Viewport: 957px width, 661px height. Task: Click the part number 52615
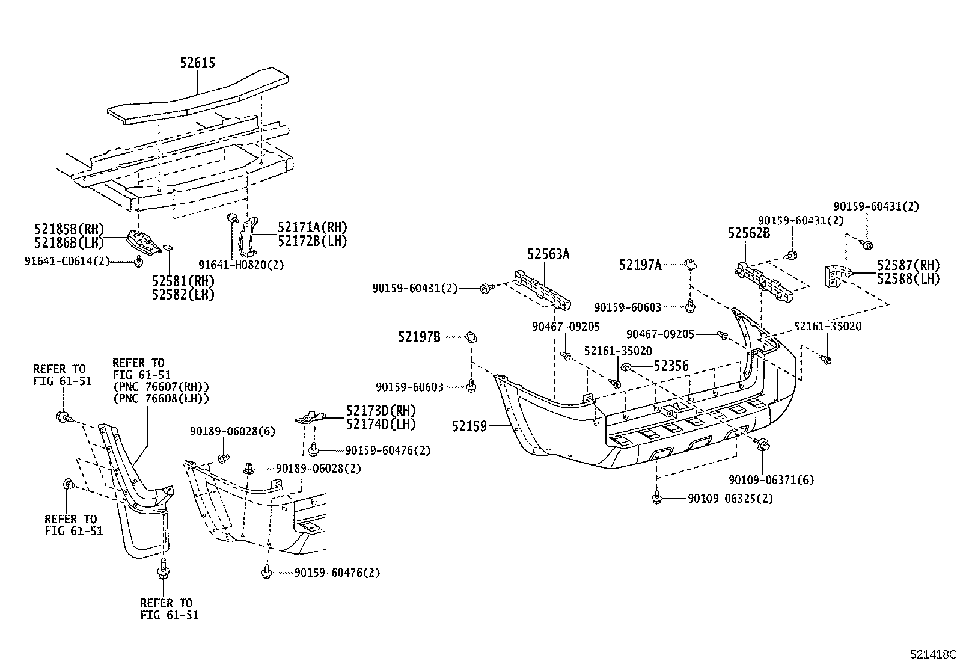point(197,63)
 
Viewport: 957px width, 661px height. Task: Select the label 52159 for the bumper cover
point(471,426)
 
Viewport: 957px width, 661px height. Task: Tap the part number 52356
point(671,366)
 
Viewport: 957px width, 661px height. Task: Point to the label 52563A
point(548,254)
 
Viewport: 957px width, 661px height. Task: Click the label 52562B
point(748,233)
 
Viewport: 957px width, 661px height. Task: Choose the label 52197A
point(640,265)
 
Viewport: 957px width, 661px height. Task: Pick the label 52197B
point(419,337)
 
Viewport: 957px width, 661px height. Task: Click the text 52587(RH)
point(908,265)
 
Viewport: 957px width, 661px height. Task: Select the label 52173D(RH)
point(381,411)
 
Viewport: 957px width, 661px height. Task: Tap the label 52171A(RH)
point(313,227)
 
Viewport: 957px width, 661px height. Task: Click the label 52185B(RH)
point(69,229)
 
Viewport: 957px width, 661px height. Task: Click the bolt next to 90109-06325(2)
point(656,497)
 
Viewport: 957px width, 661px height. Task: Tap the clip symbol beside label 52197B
point(471,337)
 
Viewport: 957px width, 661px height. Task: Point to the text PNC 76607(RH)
point(161,386)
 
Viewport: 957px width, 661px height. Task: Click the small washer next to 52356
point(626,366)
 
